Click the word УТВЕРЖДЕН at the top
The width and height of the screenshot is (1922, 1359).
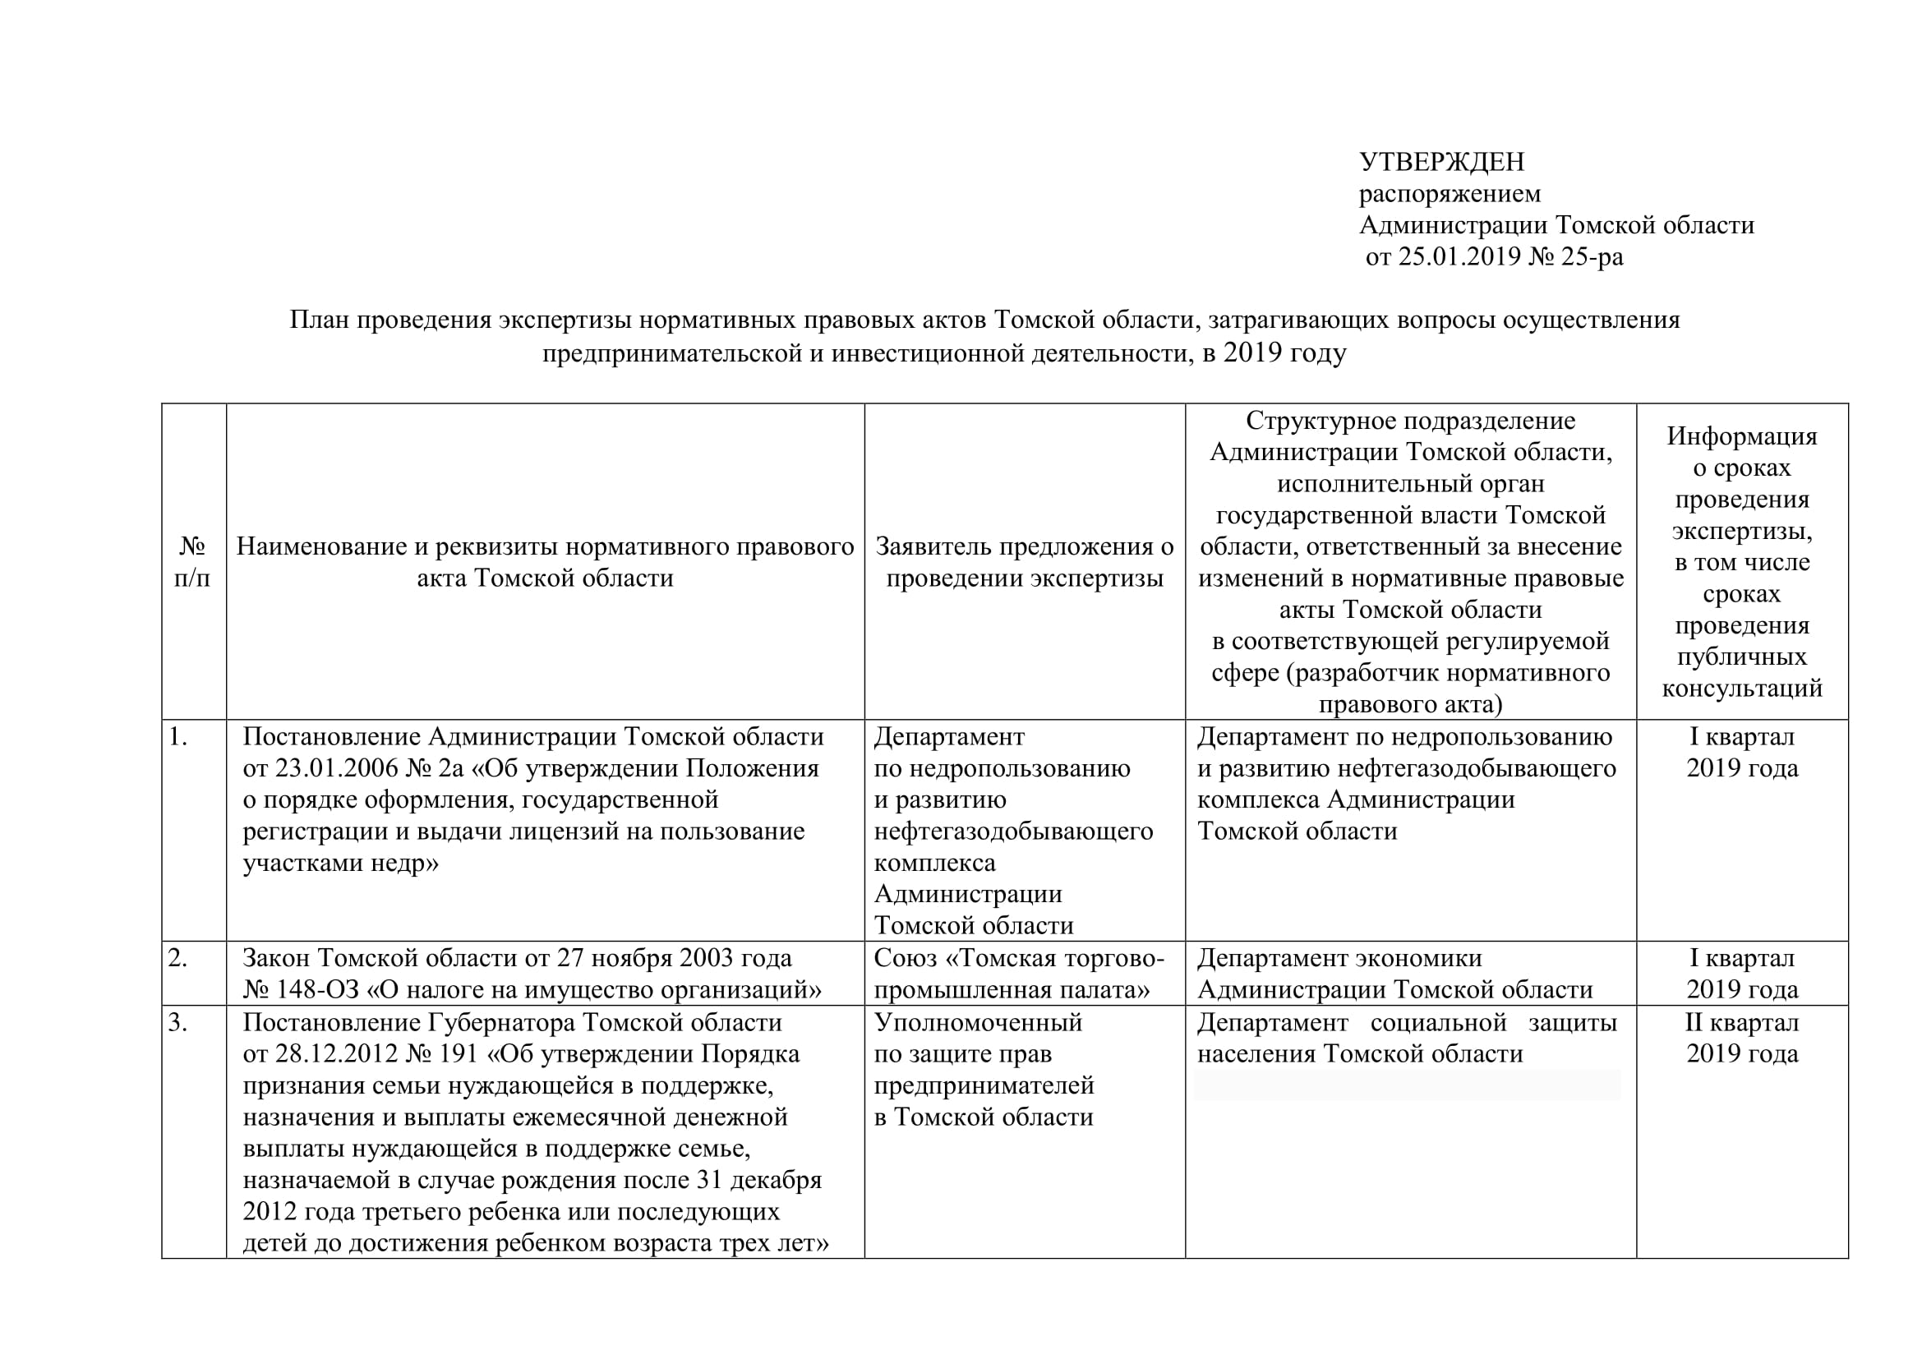(x=1441, y=162)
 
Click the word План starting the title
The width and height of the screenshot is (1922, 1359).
(x=319, y=320)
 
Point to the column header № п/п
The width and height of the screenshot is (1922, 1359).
(x=192, y=562)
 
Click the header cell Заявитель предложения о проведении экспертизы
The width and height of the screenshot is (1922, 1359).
(x=1025, y=562)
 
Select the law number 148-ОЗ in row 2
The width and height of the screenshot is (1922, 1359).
(x=318, y=990)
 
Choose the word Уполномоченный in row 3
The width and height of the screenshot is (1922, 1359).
(x=978, y=1023)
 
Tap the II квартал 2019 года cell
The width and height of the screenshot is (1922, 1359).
(x=1741, y=1038)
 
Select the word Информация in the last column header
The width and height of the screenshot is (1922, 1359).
(x=1741, y=436)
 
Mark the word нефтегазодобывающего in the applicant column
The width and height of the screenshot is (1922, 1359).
(x=1013, y=831)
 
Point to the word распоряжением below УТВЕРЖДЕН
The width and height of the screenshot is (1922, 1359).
(x=1449, y=193)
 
